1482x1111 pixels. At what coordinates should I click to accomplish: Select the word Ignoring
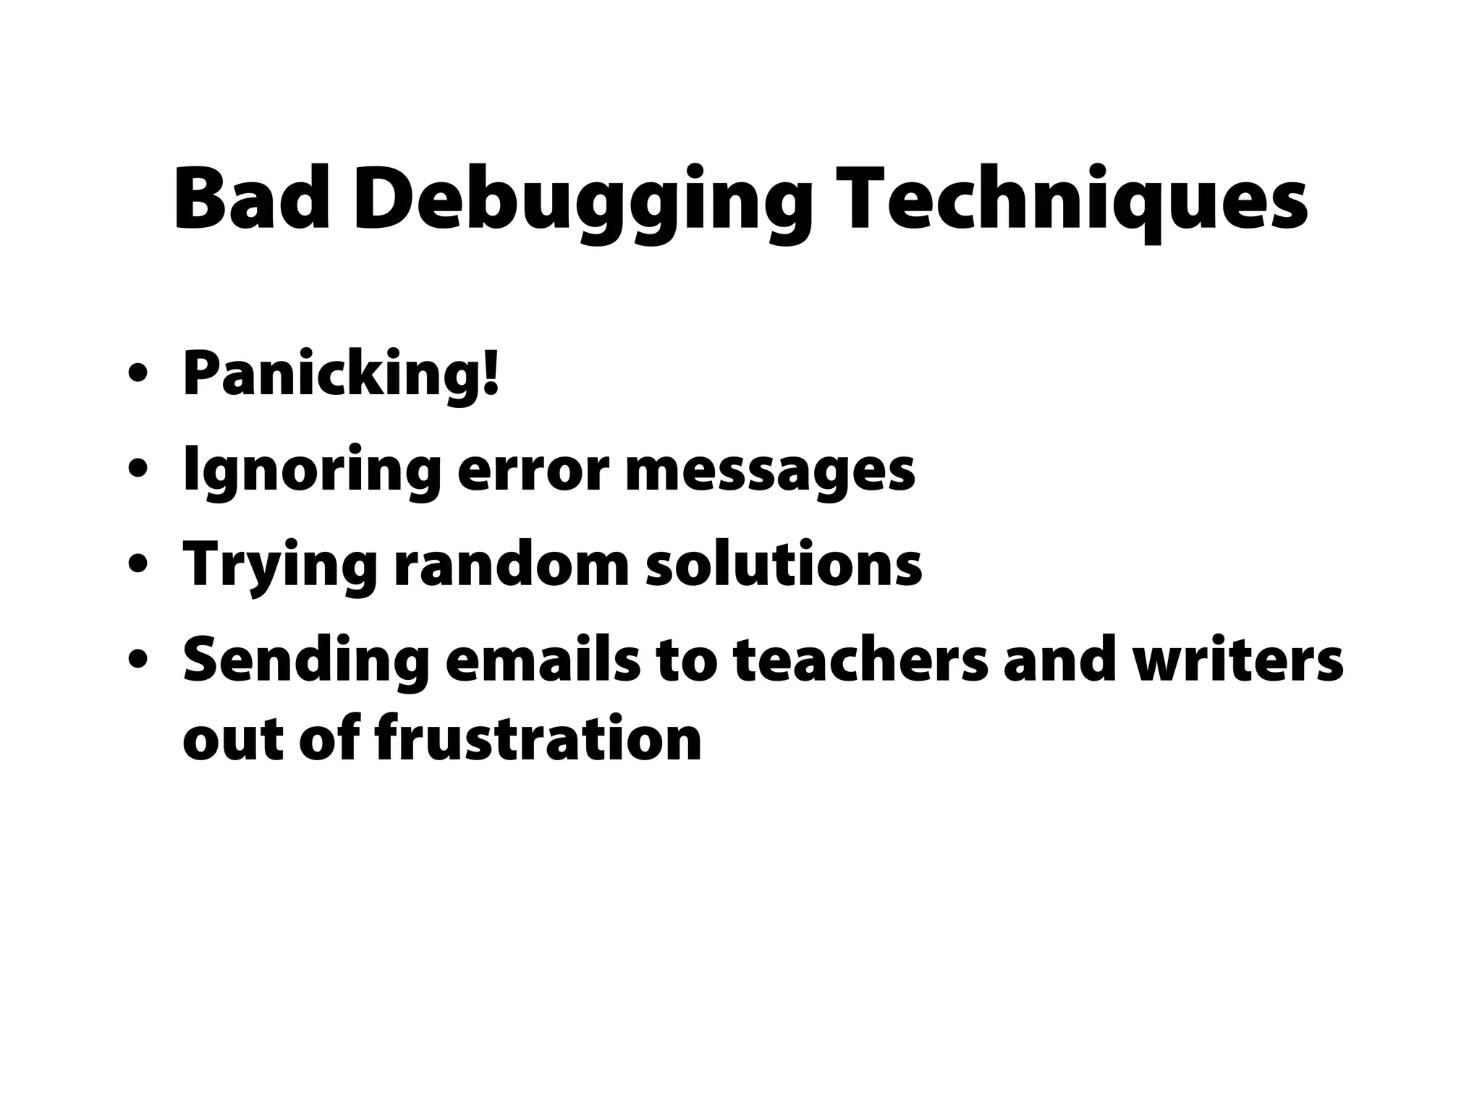tap(312, 472)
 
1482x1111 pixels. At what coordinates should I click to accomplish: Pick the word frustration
tap(538, 739)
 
